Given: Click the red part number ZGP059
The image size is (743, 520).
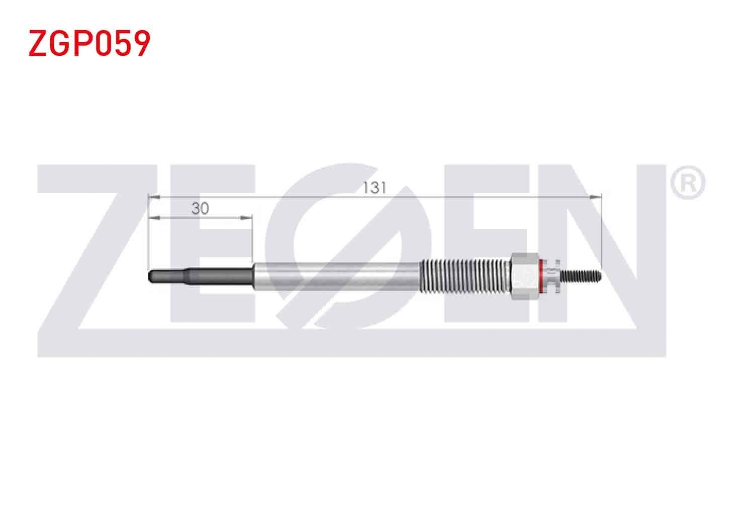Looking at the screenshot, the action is pyautogui.click(x=89, y=43).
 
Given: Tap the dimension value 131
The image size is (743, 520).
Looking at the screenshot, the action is pyautogui.click(x=375, y=188).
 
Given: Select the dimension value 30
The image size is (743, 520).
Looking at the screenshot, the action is pyautogui.click(x=201, y=209).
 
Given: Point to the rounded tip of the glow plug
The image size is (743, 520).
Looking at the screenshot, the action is pyautogui.click(x=150, y=276).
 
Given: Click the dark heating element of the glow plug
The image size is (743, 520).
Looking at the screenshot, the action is pyautogui.click(x=201, y=276).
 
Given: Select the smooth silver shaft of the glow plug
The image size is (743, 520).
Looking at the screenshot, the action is pyautogui.click(x=337, y=276).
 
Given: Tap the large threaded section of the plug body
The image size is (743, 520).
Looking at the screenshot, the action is pyautogui.click(x=465, y=276).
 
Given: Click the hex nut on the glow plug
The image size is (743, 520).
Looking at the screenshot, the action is pyautogui.click(x=525, y=276).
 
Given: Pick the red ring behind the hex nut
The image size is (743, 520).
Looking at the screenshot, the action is pyautogui.click(x=541, y=276).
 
